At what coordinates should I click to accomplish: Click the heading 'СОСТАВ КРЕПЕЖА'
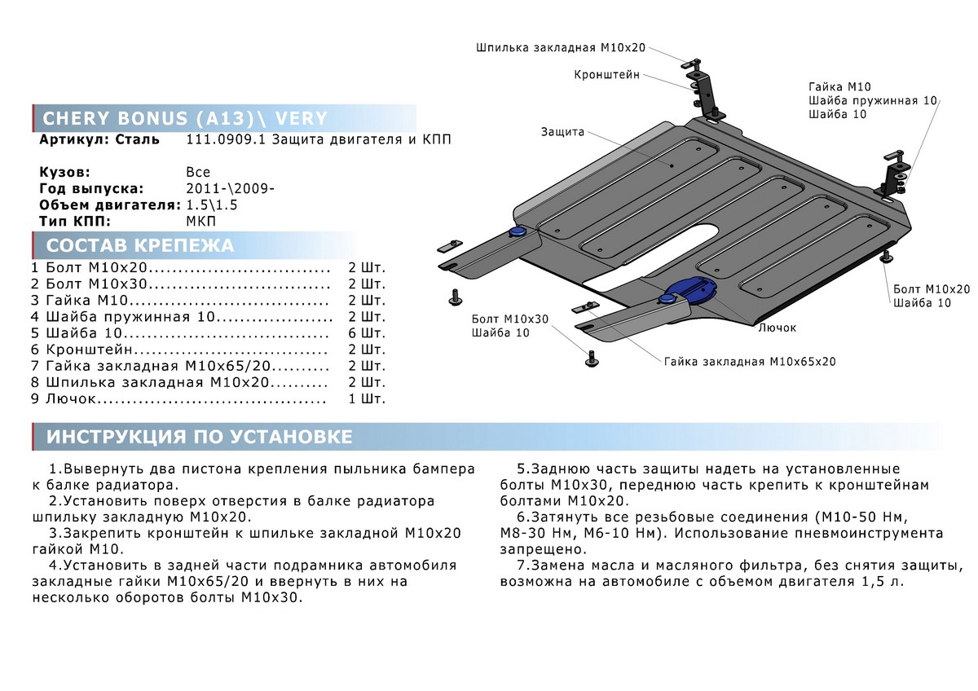click(140, 246)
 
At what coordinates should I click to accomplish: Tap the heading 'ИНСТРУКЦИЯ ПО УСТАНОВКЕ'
click(200, 438)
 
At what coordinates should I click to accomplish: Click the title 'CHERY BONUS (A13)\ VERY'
click(185, 118)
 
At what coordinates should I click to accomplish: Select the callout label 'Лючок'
click(777, 327)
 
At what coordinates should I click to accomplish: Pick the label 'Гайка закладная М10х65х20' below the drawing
click(750, 361)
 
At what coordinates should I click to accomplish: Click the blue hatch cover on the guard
click(689, 289)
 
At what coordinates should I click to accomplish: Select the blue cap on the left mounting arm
click(517, 234)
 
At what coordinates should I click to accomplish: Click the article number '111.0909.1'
click(217, 139)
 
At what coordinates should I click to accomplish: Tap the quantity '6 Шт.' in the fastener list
click(366, 333)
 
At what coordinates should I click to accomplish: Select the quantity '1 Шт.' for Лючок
click(366, 399)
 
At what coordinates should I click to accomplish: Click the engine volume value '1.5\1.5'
click(212, 205)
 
